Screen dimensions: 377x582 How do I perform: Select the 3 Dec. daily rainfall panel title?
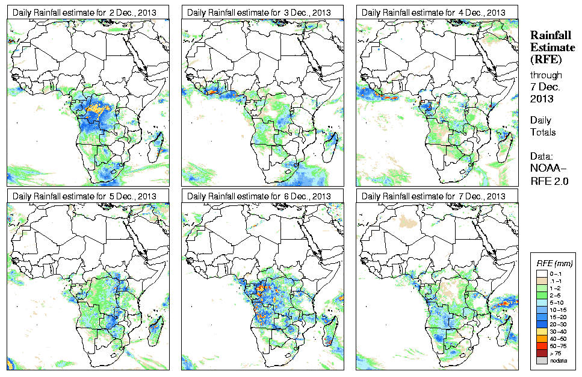[259, 13]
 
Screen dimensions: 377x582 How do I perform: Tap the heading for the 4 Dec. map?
[433, 13]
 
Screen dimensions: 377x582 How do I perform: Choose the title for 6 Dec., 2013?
[259, 196]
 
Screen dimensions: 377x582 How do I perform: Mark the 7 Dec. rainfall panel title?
[433, 196]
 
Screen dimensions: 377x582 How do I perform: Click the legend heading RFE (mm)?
[554, 263]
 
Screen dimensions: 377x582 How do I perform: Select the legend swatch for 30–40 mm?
[541, 332]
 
